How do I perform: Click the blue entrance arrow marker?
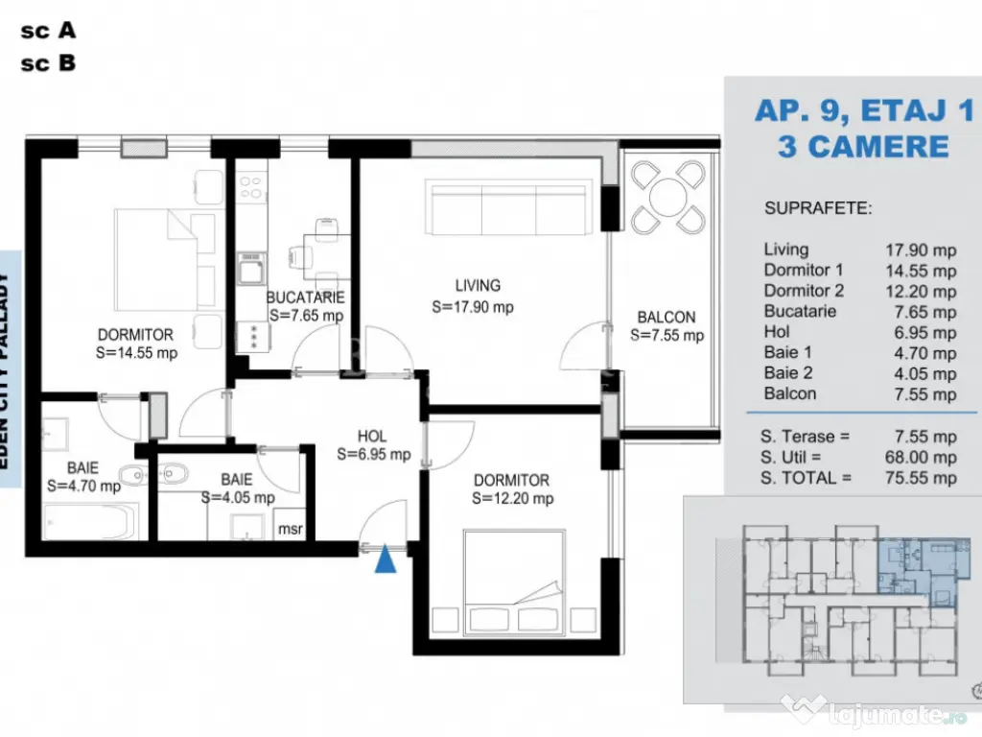pos(386,559)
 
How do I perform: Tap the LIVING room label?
pos(478,285)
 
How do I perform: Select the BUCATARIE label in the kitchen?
pos(305,297)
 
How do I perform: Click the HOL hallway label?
pos(372,435)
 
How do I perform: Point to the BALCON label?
pos(666,318)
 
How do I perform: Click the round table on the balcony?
pos(666,199)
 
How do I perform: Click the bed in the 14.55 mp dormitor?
pos(163,256)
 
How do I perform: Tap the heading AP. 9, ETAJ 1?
pos(863,110)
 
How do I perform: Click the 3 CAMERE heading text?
pos(863,147)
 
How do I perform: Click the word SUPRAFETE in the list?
pos(818,208)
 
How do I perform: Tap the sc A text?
pos(48,31)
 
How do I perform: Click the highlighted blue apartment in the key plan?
pos(919,567)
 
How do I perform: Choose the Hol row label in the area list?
pos(776,332)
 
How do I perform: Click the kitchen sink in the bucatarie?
pos(251,270)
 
